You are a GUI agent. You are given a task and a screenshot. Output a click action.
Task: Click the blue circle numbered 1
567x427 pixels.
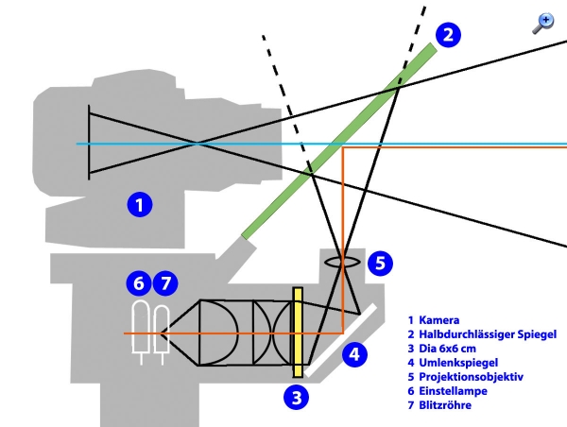(x=139, y=203)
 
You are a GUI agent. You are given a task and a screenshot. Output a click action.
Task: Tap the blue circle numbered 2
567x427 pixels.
(x=448, y=36)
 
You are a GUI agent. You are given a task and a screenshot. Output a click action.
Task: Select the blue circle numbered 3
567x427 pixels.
(x=298, y=397)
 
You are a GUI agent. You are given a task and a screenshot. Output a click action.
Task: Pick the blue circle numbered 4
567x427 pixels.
(x=352, y=355)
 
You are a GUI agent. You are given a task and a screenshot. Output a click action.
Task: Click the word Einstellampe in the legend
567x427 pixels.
(x=456, y=391)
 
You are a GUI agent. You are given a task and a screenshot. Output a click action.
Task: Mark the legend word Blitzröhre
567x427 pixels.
(x=448, y=405)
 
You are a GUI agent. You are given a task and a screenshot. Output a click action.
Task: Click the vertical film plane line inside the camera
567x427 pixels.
(x=89, y=143)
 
